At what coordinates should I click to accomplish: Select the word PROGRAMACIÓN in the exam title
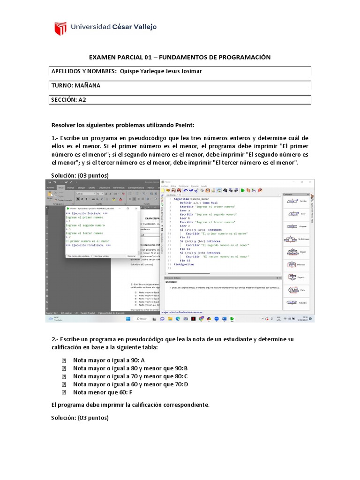[x=241, y=57]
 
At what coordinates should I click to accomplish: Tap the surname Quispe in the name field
[x=130, y=71]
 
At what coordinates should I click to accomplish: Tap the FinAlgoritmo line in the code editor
[x=183, y=264]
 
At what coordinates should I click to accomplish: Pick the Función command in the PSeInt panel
[x=294, y=303]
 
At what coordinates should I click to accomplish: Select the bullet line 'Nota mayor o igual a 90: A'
[x=109, y=360]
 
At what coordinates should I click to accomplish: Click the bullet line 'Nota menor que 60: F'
[x=103, y=392]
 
